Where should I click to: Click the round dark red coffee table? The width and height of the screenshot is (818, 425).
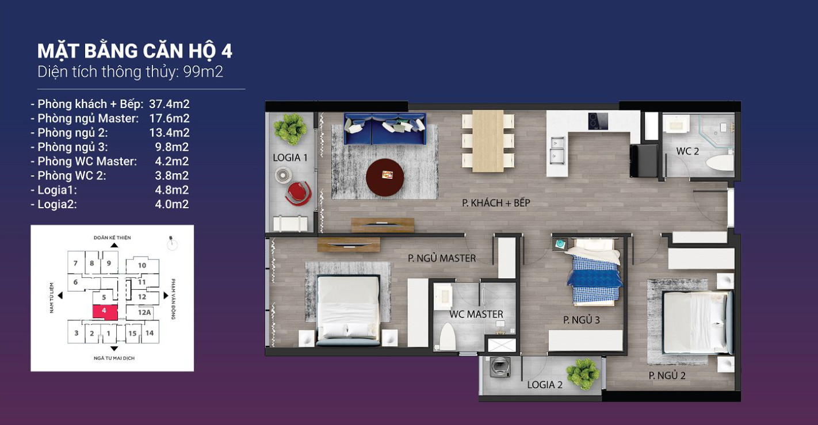pos(385,178)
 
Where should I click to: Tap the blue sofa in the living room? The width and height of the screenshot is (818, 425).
pos(385,129)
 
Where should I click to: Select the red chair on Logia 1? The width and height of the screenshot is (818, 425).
pos(298,193)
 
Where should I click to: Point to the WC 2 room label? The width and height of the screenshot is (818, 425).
pos(687,151)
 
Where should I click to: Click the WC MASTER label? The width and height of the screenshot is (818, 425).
pos(476,314)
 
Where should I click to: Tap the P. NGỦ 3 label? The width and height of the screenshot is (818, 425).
pos(582,320)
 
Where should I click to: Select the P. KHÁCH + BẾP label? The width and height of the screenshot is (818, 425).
pos(496,203)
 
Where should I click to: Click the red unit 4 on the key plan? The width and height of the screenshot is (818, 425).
pos(105,312)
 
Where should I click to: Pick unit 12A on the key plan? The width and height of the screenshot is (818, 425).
pos(144,312)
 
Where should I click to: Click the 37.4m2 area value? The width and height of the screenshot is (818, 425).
pos(169,104)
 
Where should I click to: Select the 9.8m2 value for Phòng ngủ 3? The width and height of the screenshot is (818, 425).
pos(171,147)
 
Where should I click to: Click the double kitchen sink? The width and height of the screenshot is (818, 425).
pos(557,151)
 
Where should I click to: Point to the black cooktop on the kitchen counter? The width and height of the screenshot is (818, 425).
pos(598,121)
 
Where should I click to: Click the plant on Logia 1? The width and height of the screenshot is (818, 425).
pos(290,129)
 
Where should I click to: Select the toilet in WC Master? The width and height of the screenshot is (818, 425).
pos(448,336)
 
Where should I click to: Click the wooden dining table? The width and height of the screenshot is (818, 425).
pos(488,141)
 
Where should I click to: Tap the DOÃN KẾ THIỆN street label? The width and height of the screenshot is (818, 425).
pos(112,238)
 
